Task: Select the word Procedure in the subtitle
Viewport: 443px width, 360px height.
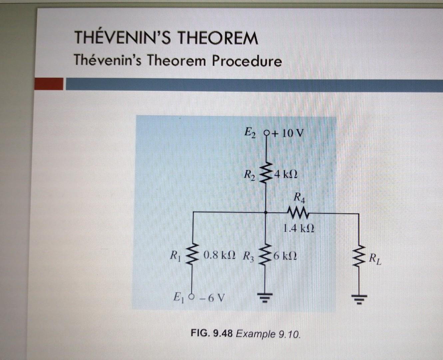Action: click(247, 61)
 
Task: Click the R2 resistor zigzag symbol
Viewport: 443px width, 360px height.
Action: click(266, 173)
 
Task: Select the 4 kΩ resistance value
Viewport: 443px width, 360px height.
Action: click(285, 174)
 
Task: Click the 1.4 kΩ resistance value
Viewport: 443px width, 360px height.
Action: click(298, 228)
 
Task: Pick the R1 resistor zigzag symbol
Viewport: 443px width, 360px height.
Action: click(192, 256)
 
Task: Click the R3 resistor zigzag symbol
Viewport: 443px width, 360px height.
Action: click(266, 257)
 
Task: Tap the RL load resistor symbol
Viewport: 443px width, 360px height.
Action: click(359, 257)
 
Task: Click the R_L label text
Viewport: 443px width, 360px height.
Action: click(375, 258)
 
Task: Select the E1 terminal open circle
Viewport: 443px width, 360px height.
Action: click(192, 296)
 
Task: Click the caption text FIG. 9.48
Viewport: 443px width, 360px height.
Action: click(212, 333)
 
